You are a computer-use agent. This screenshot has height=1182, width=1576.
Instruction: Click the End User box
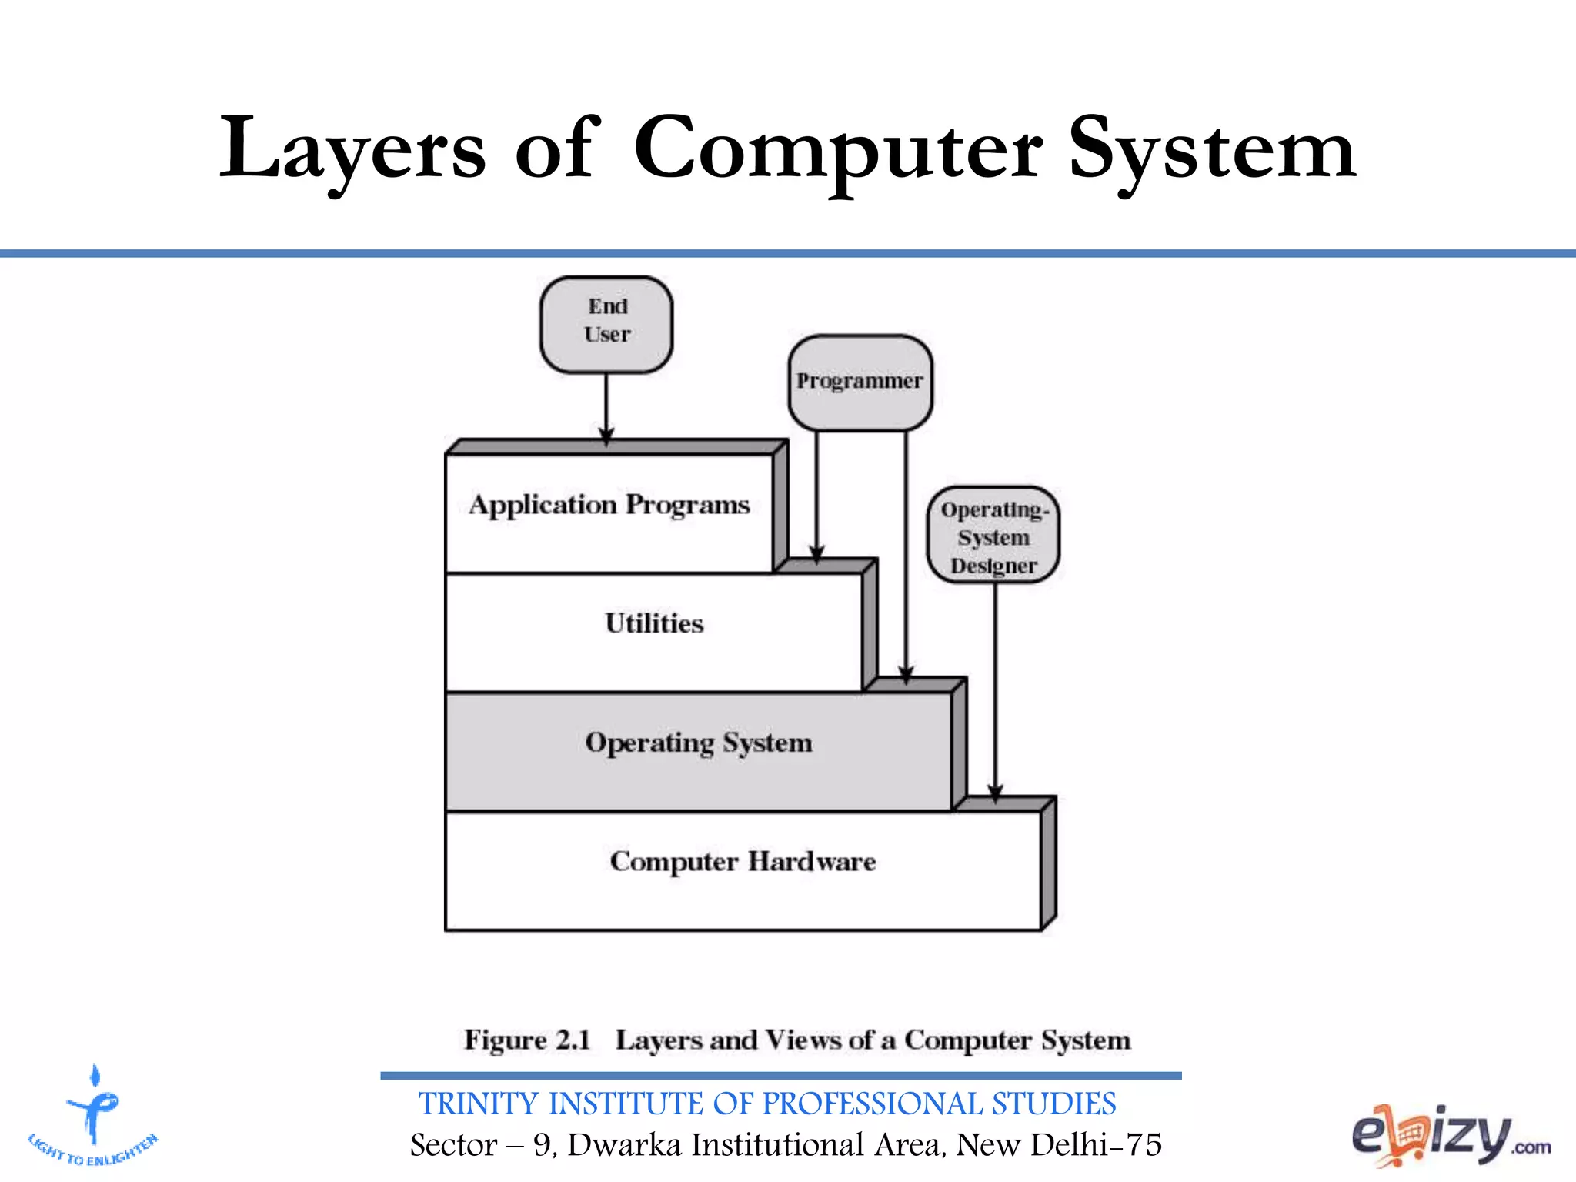tap(606, 324)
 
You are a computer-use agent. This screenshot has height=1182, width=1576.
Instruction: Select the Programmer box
tap(860, 382)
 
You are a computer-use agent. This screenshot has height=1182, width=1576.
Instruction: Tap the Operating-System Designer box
tap(993, 536)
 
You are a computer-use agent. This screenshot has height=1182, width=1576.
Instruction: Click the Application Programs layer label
tap(609, 505)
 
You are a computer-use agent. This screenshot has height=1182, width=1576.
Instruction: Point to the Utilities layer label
tap(654, 623)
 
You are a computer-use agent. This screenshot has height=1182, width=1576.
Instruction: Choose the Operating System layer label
tap(699, 743)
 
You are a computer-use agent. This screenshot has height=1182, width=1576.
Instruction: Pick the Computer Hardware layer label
tap(743, 862)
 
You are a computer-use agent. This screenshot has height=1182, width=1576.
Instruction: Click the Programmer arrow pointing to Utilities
tap(816, 492)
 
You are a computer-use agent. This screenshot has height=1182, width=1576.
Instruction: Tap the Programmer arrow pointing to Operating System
tap(906, 554)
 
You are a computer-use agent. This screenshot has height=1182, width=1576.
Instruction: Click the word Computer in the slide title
tap(838, 149)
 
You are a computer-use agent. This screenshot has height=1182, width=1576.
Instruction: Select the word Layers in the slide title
tap(352, 149)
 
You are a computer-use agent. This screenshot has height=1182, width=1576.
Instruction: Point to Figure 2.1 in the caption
tap(527, 1040)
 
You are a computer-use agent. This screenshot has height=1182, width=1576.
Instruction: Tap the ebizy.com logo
tap(1450, 1135)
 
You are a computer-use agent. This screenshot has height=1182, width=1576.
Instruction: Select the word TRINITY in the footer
tap(478, 1104)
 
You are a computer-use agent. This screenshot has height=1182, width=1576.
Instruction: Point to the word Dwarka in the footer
tap(624, 1145)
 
